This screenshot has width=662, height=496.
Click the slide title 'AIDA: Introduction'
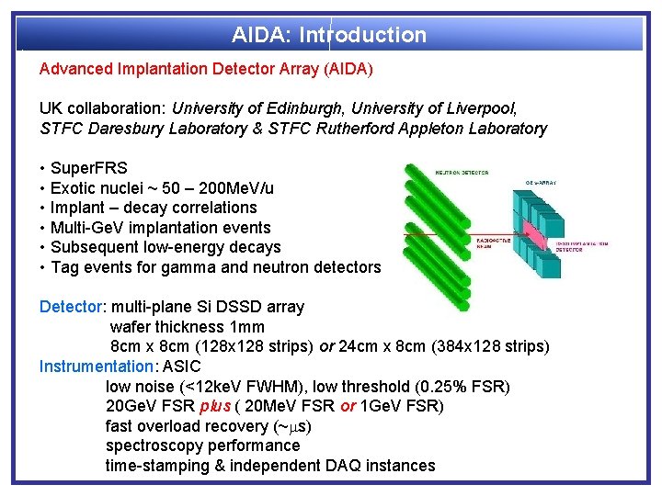329,36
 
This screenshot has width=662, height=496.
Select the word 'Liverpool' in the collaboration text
505,108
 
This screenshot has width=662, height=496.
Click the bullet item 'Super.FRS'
89,168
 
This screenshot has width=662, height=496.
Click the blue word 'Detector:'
73,307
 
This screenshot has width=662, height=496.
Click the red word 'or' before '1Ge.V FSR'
348,406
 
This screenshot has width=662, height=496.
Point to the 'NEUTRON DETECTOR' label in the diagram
461,172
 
